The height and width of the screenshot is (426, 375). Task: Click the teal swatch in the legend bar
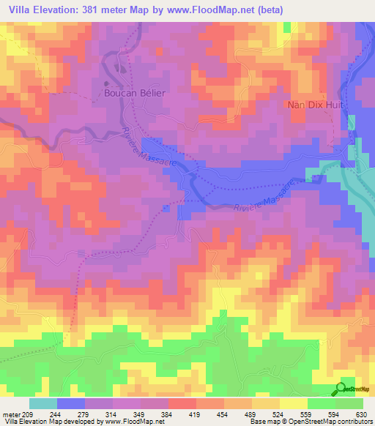43,403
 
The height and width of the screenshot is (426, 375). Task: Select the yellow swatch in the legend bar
294,403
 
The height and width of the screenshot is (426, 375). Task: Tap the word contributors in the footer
354,422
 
